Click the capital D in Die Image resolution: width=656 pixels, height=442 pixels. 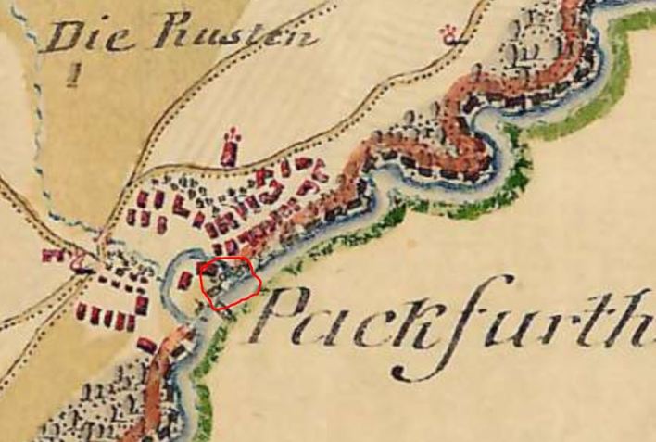tap(63, 37)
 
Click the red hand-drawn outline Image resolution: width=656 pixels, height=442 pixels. tap(230, 281)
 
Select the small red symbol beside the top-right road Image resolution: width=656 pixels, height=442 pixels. tap(451, 36)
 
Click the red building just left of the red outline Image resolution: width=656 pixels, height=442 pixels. tap(186, 279)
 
